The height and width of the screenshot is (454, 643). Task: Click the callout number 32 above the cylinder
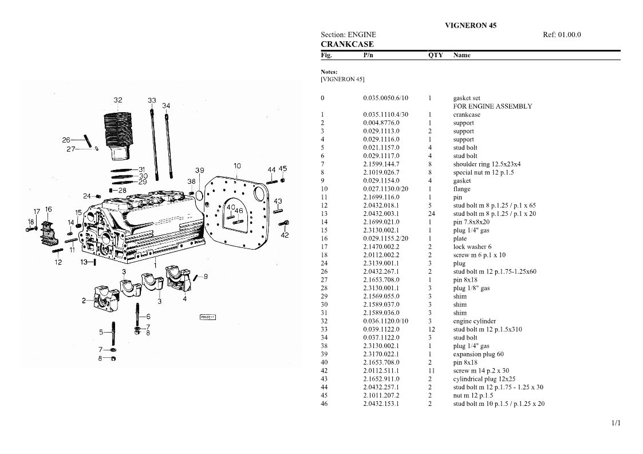pos(118,100)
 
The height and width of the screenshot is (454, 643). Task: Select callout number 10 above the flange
pos(238,165)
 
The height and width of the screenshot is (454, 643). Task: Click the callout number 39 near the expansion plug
pos(200,170)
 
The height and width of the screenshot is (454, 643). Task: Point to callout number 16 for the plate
pos(49,209)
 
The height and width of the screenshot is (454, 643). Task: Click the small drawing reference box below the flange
pos(207,317)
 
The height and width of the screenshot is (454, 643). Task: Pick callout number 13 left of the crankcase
pos(84,262)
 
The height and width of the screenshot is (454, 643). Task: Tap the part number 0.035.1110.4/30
pos(385,115)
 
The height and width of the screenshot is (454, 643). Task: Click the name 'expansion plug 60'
pos(478,354)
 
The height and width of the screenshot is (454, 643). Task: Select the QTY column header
pos(436,55)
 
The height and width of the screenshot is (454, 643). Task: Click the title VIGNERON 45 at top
pos(470,25)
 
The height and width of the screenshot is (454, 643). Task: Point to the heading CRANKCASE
pos(347,44)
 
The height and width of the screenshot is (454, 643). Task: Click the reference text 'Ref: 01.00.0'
pos(562,34)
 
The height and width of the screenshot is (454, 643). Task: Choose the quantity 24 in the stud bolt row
pos(431,214)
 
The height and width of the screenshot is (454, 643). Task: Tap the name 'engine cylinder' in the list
pos(475,321)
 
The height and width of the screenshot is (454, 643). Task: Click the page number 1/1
pos(616,423)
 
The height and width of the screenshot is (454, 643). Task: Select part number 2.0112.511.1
pos(381,370)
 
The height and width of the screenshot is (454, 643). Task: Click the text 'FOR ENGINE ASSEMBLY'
pos(492,106)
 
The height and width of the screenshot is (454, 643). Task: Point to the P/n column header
pos(368,55)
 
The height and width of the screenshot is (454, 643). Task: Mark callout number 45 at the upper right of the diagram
pos(282,168)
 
